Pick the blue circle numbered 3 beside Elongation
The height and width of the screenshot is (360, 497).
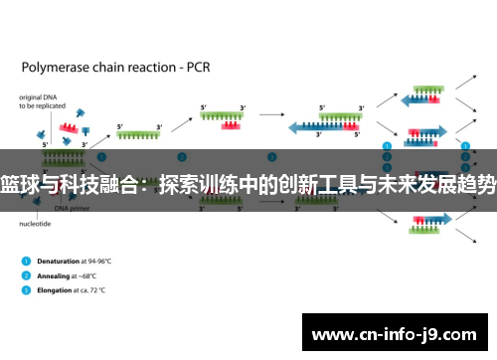[x=25, y=291]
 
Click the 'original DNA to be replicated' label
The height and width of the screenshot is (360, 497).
[x=40, y=101]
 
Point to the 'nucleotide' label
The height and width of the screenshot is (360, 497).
[x=35, y=225]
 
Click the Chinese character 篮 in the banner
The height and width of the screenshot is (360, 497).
[x=14, y=184]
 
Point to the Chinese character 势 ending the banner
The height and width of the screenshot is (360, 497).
[x=484, y=184]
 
